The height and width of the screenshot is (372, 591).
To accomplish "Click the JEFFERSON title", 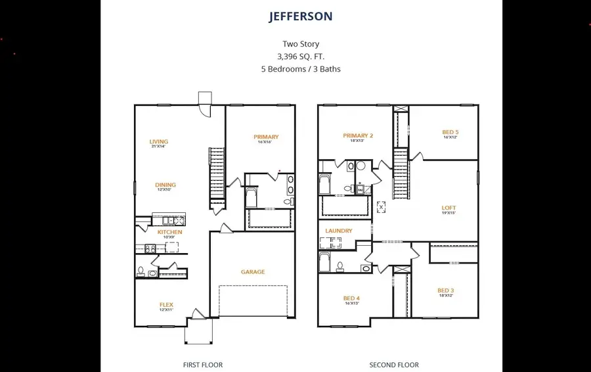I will tap(301, 16).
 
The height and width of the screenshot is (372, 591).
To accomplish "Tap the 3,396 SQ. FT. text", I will tap(301, 57).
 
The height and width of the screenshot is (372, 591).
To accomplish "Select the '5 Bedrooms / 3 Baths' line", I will tap(301, 69).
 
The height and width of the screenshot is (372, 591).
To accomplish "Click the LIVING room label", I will tap(158, 141).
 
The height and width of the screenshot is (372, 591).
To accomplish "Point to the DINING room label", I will tap(165, 185).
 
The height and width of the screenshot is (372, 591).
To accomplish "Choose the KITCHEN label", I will tap(169, 232).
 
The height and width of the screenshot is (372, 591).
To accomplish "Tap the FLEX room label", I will tap(166, 304).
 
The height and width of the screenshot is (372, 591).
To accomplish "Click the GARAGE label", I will tap(253, 271).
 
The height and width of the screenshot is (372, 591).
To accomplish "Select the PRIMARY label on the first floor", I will tap(266, 137).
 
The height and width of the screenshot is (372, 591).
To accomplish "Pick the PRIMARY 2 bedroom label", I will tap(358, 135).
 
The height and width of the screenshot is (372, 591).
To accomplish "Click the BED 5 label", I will tap(450, 132).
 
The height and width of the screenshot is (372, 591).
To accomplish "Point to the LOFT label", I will tap(449, 208).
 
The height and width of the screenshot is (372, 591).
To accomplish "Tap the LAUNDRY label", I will tap(339, 231).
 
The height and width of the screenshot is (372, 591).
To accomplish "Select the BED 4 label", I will tap(351, 298).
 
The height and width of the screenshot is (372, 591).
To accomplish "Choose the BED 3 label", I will tap(446, 291).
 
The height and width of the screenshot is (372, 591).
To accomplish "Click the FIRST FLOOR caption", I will tap(203, 365).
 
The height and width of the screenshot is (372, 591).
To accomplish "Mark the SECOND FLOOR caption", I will tap(394, 365).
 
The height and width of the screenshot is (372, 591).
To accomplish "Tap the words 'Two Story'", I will tap(301, 44).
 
